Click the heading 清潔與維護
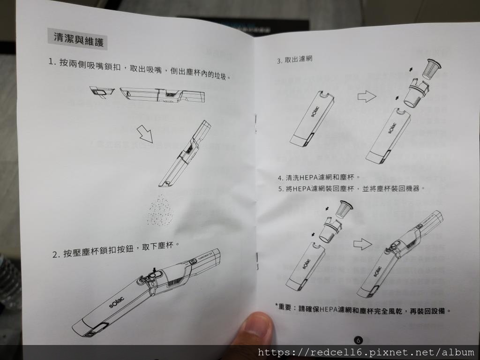[x=79, y=38]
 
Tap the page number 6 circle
[x=358, y=340]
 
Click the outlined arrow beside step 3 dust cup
[x=367, y=97]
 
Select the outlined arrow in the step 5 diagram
[x=363, y=244]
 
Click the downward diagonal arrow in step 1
[x=145, y=134]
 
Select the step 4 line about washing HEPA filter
[x=319, y=178]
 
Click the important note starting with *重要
[x=363, y=309]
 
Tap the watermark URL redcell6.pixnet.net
[x=366, y=352]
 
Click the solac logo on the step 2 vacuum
[x=117, y=302]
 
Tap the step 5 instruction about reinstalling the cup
[x=351, y=188]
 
